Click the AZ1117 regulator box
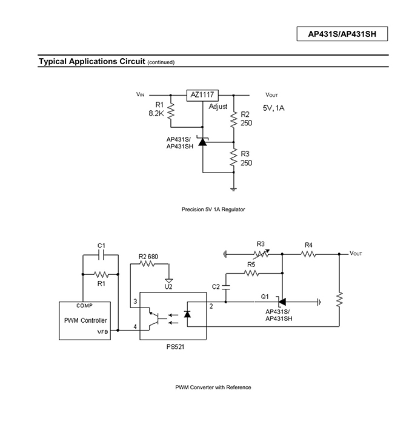pos(202,95)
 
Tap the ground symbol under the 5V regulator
pos(233,190)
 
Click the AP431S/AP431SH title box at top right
pos(342,34)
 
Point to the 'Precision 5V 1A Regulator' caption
pos(213,209)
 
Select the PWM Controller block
pos(85,320)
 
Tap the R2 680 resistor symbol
pos(147,264)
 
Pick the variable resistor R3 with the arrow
pos(261,254)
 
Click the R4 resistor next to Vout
pos(308,254)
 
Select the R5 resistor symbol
pos(251,274)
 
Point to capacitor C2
pos(225,287)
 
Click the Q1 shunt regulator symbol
pos(281,302)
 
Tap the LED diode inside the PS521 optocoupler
pos(187,314)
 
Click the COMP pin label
pos(84,306)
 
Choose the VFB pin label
pos(102,332)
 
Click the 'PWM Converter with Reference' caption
pos(213,387)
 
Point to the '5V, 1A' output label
pos(274,108)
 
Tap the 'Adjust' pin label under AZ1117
pos(218,107)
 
